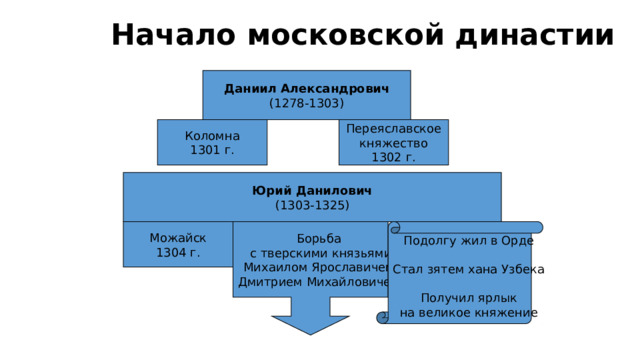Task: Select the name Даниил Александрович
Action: click(306, 89)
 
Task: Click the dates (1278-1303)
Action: click(306, 103)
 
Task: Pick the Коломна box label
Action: click(212, 136)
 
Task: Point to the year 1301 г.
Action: click(212, 150)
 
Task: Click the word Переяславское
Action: click(393, 130)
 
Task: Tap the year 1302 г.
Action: click(393, 157)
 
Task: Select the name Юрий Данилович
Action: click(312, 190)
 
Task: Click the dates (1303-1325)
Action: click(312, 205)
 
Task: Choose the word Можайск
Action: click(177, 238)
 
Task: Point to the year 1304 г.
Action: click(177, 252)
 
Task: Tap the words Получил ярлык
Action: click(468, 298)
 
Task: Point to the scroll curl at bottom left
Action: click(383, 318)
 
